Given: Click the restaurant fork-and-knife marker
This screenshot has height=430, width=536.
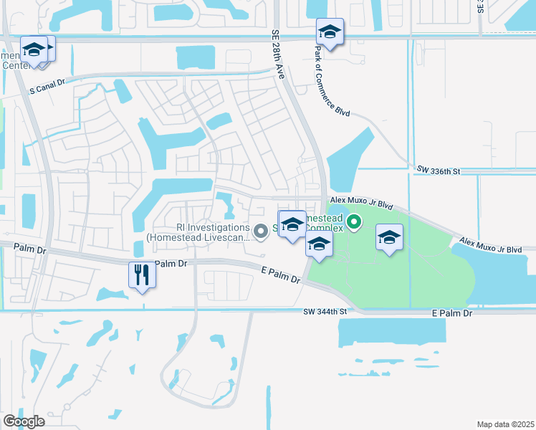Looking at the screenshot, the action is click(x=141, y=275).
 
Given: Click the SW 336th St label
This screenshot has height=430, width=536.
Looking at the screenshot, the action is click(x=436, y=169).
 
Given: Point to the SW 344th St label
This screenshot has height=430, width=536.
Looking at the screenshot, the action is click(x=325, y=311).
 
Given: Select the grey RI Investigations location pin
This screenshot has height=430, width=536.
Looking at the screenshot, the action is click(x=261, y=230).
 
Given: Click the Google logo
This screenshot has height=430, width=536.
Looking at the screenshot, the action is click(x=24, y=421).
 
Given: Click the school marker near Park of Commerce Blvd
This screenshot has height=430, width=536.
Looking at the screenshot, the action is click(x=330, y=33).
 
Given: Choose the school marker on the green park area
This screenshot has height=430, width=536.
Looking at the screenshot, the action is click(x=388, y=239).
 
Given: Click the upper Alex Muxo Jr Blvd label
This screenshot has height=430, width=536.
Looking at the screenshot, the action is click(x=362, y=204).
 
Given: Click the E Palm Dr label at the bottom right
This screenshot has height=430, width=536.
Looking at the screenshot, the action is click(x=452, y=313).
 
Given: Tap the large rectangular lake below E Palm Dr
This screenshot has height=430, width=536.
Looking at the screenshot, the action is click(x=401, y=334).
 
